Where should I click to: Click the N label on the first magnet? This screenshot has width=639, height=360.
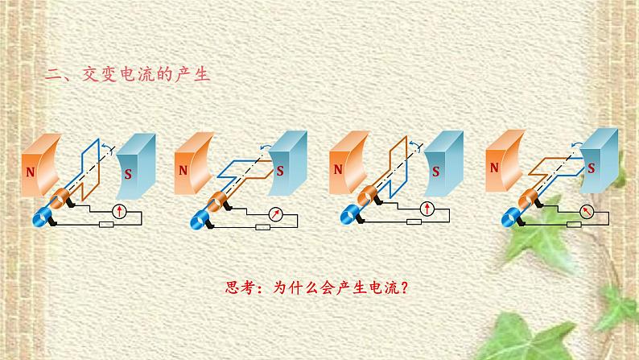(30, 172)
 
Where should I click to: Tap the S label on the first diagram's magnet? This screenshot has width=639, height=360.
(128, 175)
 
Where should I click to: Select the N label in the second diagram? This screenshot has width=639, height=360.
(183, 170)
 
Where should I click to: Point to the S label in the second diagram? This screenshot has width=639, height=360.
(280, 171)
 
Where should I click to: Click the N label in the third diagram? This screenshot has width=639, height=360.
(338, 169)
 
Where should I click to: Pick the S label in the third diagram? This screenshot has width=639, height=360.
(435, 172)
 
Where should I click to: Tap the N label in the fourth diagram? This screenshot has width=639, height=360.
(494, 168)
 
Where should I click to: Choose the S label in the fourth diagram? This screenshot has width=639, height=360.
(591, 168)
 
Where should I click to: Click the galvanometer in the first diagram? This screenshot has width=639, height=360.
(119, 211)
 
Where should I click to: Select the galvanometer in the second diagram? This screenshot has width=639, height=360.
(276, 214)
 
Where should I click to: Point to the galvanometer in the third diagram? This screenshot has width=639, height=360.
(427, 209)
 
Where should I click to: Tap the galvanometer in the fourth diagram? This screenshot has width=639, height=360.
(587, 211)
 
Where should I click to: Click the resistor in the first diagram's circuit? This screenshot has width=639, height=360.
(106, 224)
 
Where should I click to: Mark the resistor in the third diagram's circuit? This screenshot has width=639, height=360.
(414, 221)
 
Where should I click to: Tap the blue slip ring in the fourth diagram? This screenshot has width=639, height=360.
(510, 217)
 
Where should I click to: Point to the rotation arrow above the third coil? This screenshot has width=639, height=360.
(415, 144)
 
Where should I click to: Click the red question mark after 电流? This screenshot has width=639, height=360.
(404, 288)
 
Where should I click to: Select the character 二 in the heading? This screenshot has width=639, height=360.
(52, 75)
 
